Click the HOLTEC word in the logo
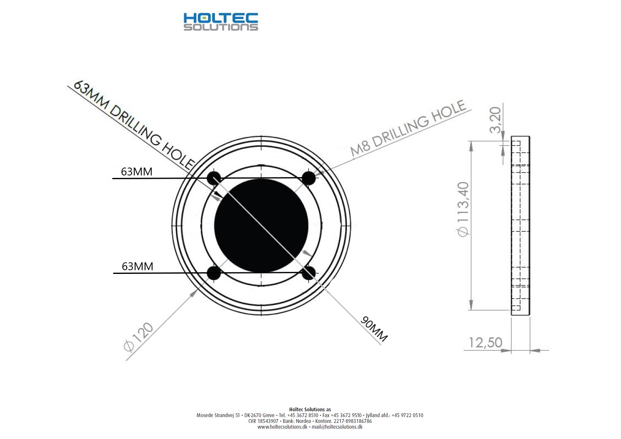[221, 18]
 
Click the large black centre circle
[261, 225]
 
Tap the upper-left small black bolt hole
[214, 178]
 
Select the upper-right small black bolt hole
[308, 178]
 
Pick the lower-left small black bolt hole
[214, 273]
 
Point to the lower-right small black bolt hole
[308, 273]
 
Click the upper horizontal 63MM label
[137, 172]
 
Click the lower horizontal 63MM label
[137, 266]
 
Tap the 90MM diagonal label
[374, 329]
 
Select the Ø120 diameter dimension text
[138, 337]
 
